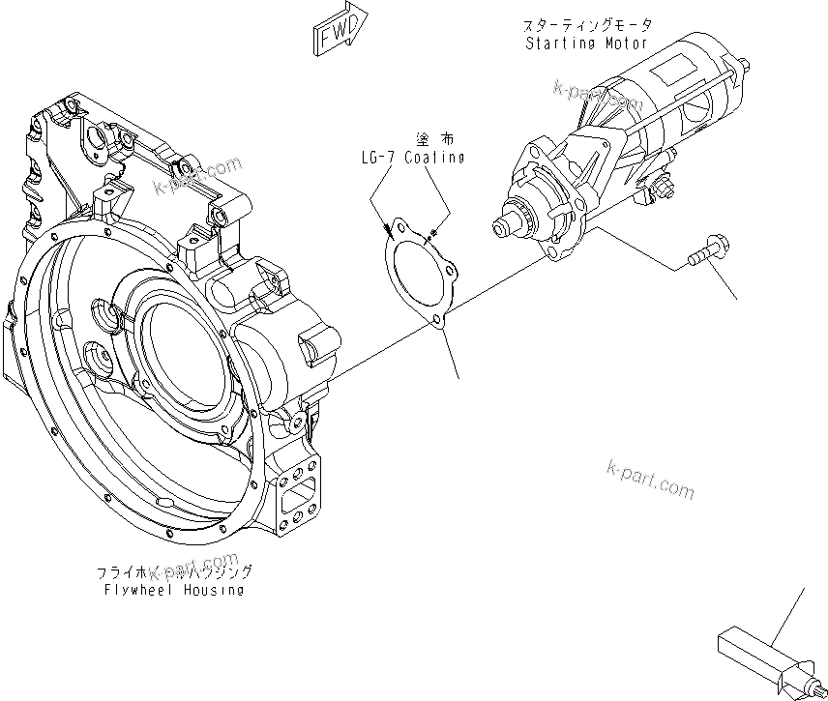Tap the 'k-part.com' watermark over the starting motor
(x=597, y=95)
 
